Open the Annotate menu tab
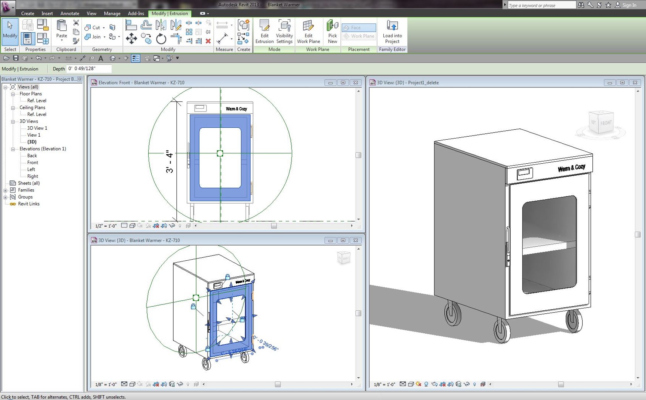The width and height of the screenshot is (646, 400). point(70,13)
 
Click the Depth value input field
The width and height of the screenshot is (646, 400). point(89,69)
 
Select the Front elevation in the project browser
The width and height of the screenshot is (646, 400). point(33,163)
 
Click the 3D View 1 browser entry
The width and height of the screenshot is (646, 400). point(37,128)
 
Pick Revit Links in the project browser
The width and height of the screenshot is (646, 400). point(28,204)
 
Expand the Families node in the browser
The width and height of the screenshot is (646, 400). point(6,190)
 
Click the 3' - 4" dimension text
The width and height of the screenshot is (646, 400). point(169,161)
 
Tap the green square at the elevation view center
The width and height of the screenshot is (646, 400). point(220,153)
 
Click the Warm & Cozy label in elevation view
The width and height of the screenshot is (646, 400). point(236,109)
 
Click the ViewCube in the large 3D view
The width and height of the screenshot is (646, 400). point(601,123)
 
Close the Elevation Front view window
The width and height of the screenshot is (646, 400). point(356,83)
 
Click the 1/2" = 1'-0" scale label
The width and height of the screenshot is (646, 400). point(106,226)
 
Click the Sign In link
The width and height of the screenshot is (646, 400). point(629,5)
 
